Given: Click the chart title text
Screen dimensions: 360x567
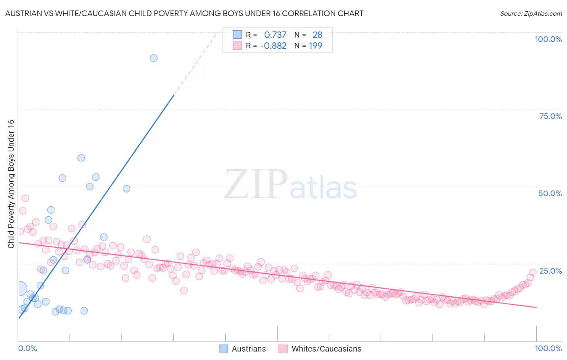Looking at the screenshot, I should pos(184,13).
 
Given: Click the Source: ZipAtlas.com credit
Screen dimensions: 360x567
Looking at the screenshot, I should pos(531,13).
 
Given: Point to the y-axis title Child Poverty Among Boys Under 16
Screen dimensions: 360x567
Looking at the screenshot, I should pos(11,184).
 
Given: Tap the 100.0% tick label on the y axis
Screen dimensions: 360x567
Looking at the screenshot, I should pos(548,39).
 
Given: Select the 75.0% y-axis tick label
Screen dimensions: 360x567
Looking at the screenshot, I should pos(550,116).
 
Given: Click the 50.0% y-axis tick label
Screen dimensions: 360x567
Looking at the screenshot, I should pos(550,193).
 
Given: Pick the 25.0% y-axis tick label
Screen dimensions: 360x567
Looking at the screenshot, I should pos(550,270).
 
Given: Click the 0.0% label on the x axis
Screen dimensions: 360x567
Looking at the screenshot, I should pos(27,348).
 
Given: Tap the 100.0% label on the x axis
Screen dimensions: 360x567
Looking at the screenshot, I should pos(548,348).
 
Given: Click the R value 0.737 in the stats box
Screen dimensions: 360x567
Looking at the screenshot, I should pos(275,35).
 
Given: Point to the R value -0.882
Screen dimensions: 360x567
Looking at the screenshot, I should pos(273,46).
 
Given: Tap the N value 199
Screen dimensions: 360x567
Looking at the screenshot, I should pos(315,46).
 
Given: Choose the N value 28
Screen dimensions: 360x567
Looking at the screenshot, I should pos(317,35).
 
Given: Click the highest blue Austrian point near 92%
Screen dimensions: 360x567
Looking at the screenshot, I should pos(154,58).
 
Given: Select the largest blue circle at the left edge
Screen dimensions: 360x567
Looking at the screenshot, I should pos(19,289).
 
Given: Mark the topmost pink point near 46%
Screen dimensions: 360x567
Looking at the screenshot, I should pos(25,198).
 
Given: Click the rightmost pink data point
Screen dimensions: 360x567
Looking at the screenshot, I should pos(532,272).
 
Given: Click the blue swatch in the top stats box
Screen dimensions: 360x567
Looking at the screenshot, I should pos(238,35).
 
